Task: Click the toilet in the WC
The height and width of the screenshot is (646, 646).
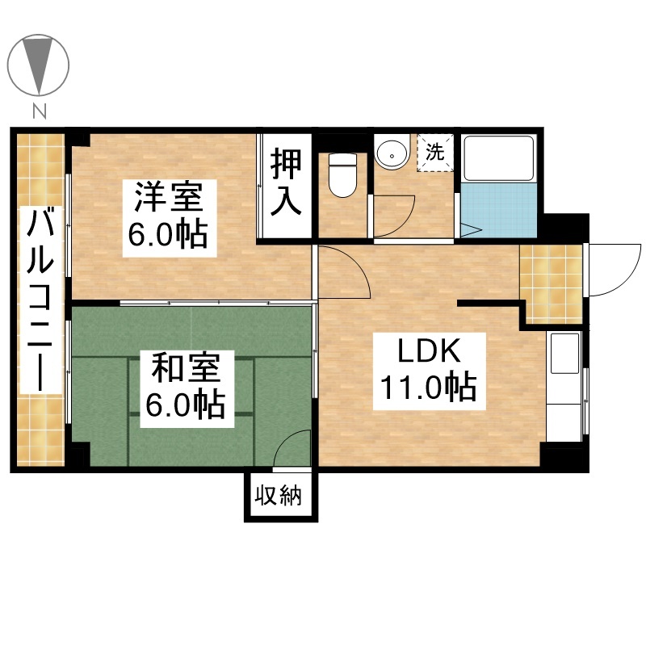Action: click(342, 176)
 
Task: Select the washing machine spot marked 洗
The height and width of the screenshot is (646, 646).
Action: click(435, 152)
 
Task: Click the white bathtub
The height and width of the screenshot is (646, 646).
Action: click(499, 158)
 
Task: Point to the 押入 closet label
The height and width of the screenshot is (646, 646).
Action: click(286, 182)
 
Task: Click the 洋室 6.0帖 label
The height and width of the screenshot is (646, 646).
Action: click(170, 218)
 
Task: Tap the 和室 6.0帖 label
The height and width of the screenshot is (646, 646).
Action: click(187, 388)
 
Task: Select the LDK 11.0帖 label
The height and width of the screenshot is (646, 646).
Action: click(429, 371)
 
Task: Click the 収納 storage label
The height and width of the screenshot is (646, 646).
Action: click(279, 495)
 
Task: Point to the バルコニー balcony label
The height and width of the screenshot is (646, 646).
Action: click(40, 300)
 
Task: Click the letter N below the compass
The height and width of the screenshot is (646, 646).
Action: click(40, 111)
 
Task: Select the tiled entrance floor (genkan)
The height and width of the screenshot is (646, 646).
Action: click(551, 284)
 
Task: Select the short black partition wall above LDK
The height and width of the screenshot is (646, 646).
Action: click(489, 304)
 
